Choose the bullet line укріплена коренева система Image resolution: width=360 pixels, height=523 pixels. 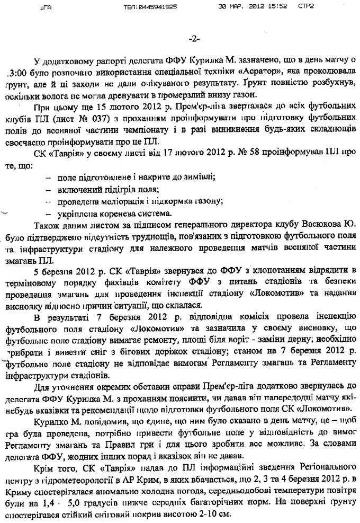point(108,214)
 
